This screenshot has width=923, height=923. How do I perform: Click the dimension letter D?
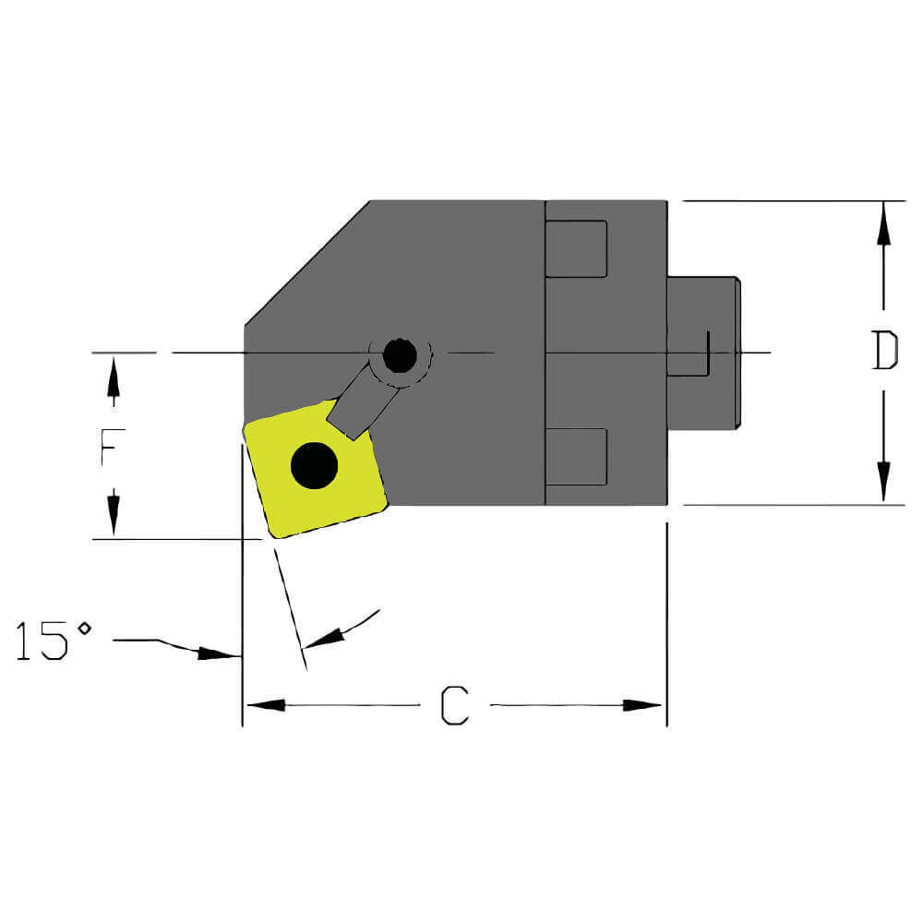pos(884,352)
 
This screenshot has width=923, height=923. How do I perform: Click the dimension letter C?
pos(454,706)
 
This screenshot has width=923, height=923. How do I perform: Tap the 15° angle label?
pos(54,641)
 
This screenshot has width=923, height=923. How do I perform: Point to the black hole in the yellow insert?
pos(314,465)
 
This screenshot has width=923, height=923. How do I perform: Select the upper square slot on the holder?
pos(576,249)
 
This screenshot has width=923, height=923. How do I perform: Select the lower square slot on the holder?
pos(576,457)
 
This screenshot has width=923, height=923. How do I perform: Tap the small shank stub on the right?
pos(702,352)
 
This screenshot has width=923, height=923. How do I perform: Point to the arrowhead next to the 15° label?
pos(220,653)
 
